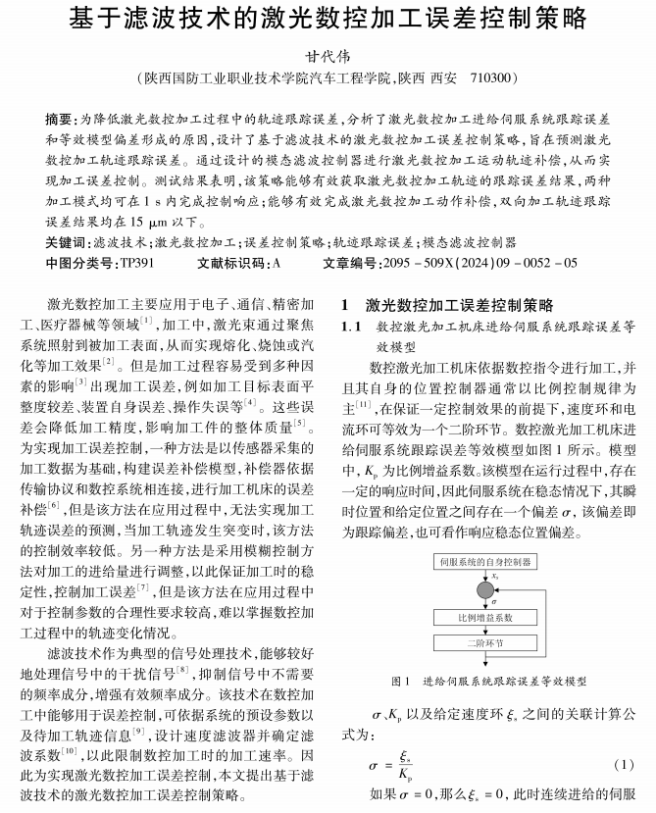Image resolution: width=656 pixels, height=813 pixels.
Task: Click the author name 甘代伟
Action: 327,56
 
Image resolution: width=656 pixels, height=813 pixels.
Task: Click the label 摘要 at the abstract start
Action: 60,118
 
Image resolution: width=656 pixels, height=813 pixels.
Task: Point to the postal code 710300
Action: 487,78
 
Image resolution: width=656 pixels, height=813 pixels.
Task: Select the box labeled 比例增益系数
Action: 486,619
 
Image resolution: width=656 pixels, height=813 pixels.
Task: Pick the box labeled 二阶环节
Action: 486,644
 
